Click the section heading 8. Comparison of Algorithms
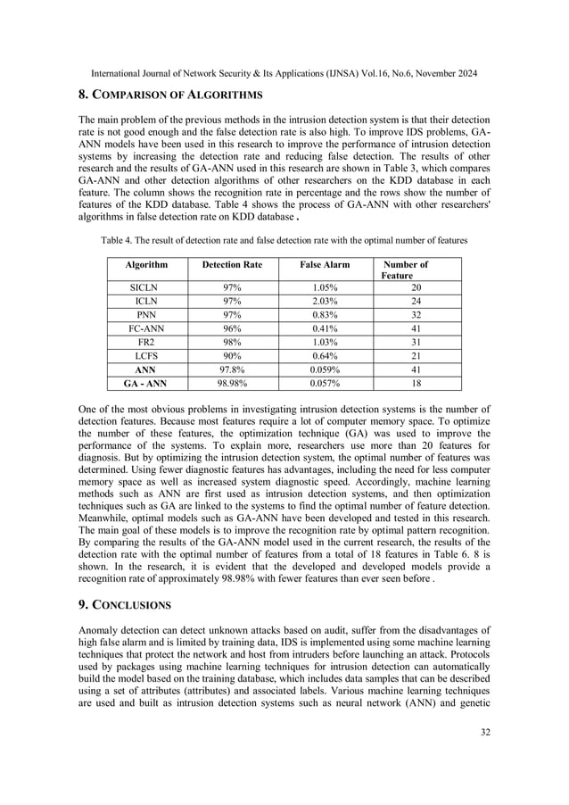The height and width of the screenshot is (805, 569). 169,91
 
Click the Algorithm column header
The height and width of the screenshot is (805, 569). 146,264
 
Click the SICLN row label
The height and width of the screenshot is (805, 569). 146,288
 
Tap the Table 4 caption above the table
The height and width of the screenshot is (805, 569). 284,241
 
